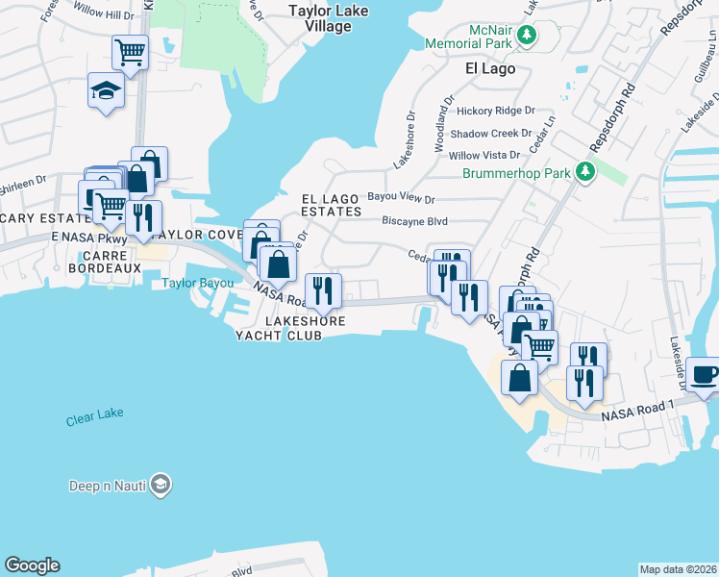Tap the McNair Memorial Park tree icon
tap(526, 37)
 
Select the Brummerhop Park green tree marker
tap(584, 173)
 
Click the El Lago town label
tap(490, 69)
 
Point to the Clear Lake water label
tap(95, 420)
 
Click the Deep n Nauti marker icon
tap(161, 485)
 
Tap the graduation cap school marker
tap(106, 90)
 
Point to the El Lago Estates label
tap(332, 204)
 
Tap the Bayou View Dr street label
tap(403, 199)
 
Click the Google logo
tap(32, 565)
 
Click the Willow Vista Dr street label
tap(484, 155)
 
